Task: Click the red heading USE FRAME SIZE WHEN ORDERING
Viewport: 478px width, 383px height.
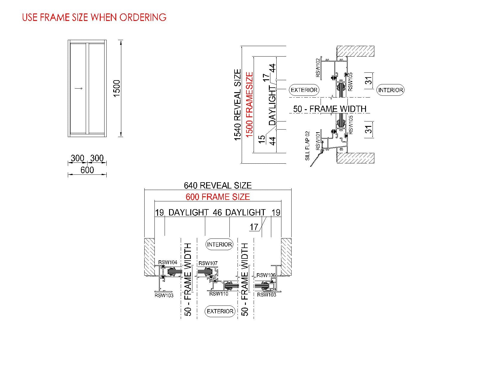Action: pos(94,17)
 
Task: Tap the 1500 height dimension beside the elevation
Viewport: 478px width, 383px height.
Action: pos(117,88)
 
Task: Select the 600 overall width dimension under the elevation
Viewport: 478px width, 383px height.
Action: pos(87,170)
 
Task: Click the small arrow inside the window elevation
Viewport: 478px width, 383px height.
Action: pos(79,89)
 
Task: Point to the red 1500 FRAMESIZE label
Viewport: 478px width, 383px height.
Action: pos(249,105)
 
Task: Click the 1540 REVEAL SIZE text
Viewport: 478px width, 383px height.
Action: pos(238,105)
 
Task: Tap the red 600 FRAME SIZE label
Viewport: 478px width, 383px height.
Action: pos(218,197)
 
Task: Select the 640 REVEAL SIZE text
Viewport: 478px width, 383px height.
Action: pos(218,186)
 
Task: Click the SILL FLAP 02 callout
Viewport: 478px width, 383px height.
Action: pos(307,146)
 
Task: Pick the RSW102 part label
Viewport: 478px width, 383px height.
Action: pos(318,68)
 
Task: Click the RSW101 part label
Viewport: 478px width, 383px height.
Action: pos(318,141)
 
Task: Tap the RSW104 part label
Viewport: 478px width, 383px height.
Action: pos(168,262)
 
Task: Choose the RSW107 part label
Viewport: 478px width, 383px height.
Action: pos(208,263)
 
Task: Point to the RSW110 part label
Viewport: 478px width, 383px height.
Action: pos(219,294)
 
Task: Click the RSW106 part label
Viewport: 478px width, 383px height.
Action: pos(266,275)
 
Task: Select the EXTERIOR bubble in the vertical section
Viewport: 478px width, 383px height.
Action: pos(304,90)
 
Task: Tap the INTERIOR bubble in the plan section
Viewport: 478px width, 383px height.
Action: pos(220,244)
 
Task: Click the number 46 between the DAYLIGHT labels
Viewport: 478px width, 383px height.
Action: pos(217,212)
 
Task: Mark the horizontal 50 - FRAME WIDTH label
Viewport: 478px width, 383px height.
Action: pos(330,109)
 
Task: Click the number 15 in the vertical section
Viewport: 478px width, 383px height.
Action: pos(262,139)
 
